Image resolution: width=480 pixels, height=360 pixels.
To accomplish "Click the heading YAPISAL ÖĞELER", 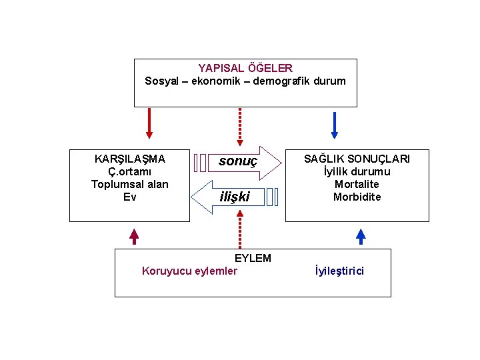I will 245,68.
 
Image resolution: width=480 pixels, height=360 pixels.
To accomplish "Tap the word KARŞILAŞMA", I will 130,159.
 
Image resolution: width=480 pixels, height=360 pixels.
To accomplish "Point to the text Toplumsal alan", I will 130,184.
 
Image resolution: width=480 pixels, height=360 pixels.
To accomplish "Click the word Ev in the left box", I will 130,197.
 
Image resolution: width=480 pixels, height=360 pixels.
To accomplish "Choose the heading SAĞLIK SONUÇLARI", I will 357,159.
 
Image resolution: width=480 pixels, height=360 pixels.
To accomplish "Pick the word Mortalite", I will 357,184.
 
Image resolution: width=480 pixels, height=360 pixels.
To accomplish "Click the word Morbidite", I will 357,197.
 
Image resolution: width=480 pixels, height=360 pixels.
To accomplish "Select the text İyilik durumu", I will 357,172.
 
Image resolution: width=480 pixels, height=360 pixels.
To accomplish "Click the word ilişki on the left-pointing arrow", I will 235,197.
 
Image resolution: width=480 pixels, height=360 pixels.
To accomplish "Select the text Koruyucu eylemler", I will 189,271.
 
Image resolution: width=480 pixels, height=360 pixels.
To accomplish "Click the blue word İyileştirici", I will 339,271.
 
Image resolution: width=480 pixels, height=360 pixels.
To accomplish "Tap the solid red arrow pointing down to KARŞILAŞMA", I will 149,124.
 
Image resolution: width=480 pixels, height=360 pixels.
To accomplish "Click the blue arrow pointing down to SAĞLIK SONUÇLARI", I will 335,125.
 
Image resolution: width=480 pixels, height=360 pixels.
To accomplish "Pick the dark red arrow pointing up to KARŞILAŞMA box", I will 133,236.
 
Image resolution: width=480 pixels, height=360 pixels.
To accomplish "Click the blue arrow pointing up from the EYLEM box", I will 361,237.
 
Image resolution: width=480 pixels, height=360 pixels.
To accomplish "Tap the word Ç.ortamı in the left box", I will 130,172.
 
